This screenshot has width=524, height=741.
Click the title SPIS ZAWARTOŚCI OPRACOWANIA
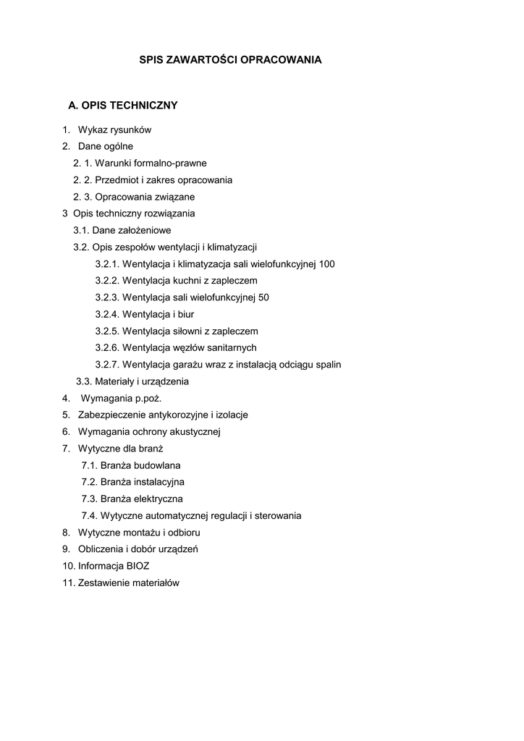point(230,60)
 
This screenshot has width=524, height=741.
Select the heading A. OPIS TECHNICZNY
point(122,106)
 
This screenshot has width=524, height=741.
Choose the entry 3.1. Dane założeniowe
point(122,230)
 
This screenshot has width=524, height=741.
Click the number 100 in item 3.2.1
point(326,264)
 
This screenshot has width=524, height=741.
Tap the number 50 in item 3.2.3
point(263,297)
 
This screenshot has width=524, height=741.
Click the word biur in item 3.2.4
point(185,315)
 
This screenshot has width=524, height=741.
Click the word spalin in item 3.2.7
point(326,365)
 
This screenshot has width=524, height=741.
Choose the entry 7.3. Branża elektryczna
point(132,499)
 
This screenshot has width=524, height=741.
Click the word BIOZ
point(138,567)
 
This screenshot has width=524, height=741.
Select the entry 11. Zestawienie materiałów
point(120,583)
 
